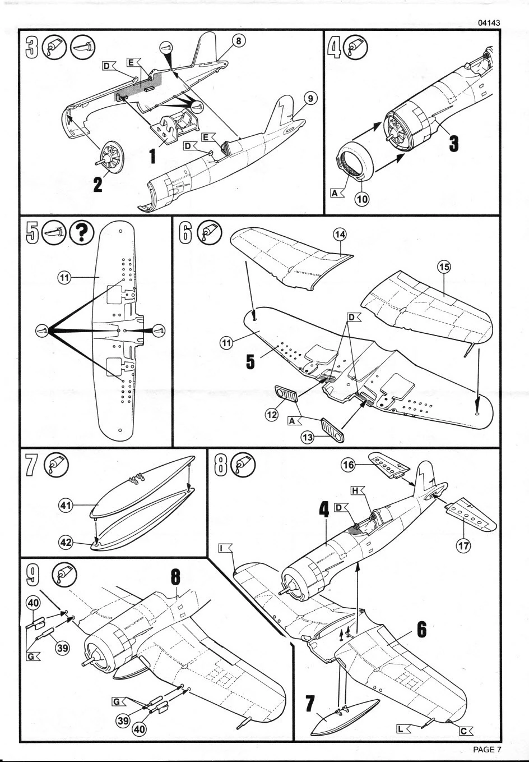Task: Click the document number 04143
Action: tap(489, 23)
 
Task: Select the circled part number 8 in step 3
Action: tap(239, 41)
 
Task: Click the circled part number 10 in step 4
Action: tap(362, 199)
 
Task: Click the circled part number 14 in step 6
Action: tap(340, 235)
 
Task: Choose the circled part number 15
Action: tap(444, 268)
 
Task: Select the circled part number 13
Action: tap(308, 437)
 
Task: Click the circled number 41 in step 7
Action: tap(66, 506)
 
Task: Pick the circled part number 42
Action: tap(66, 542)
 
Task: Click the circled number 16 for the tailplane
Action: tap(348, 465)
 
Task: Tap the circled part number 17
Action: tap(463, 546)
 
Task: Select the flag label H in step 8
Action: tap(357, 490)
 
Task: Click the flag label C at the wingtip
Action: tap(466, 731)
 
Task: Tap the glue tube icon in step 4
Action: tap(355, 47)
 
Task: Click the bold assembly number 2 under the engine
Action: tap(98, 185)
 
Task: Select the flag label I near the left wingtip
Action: tap(224, 548)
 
